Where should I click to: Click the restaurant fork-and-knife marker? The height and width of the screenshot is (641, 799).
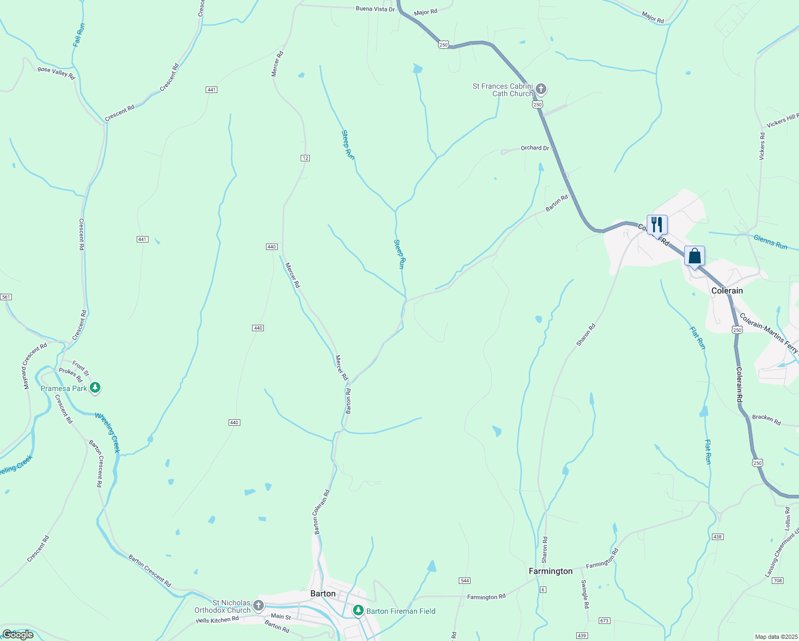657,224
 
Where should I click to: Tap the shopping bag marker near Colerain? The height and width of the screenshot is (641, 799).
694,256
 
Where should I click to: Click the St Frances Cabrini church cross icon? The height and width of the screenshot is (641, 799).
541,88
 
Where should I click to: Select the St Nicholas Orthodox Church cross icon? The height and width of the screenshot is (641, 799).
258,605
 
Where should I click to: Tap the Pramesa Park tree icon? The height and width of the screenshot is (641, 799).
95,388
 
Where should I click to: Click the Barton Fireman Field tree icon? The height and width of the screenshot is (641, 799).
358,611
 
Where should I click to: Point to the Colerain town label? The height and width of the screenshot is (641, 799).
727,291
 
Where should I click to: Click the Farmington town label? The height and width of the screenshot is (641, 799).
550,571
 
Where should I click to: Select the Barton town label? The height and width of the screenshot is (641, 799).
323,593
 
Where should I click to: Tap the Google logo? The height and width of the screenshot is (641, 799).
18,635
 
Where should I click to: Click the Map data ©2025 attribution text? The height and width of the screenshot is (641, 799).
775,637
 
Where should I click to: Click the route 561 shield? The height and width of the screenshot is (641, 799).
6,296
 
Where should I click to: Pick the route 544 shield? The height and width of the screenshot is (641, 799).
464,580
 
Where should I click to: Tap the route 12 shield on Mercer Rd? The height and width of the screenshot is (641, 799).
305,158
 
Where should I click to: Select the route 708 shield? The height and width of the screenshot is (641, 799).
777,580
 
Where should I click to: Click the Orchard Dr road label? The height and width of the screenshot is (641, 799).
535,148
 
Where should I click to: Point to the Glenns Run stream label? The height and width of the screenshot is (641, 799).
770,242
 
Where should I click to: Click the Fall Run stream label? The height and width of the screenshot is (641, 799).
79,35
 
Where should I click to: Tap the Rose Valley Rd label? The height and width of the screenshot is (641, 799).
56,73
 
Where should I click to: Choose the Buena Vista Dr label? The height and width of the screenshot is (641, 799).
375,9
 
